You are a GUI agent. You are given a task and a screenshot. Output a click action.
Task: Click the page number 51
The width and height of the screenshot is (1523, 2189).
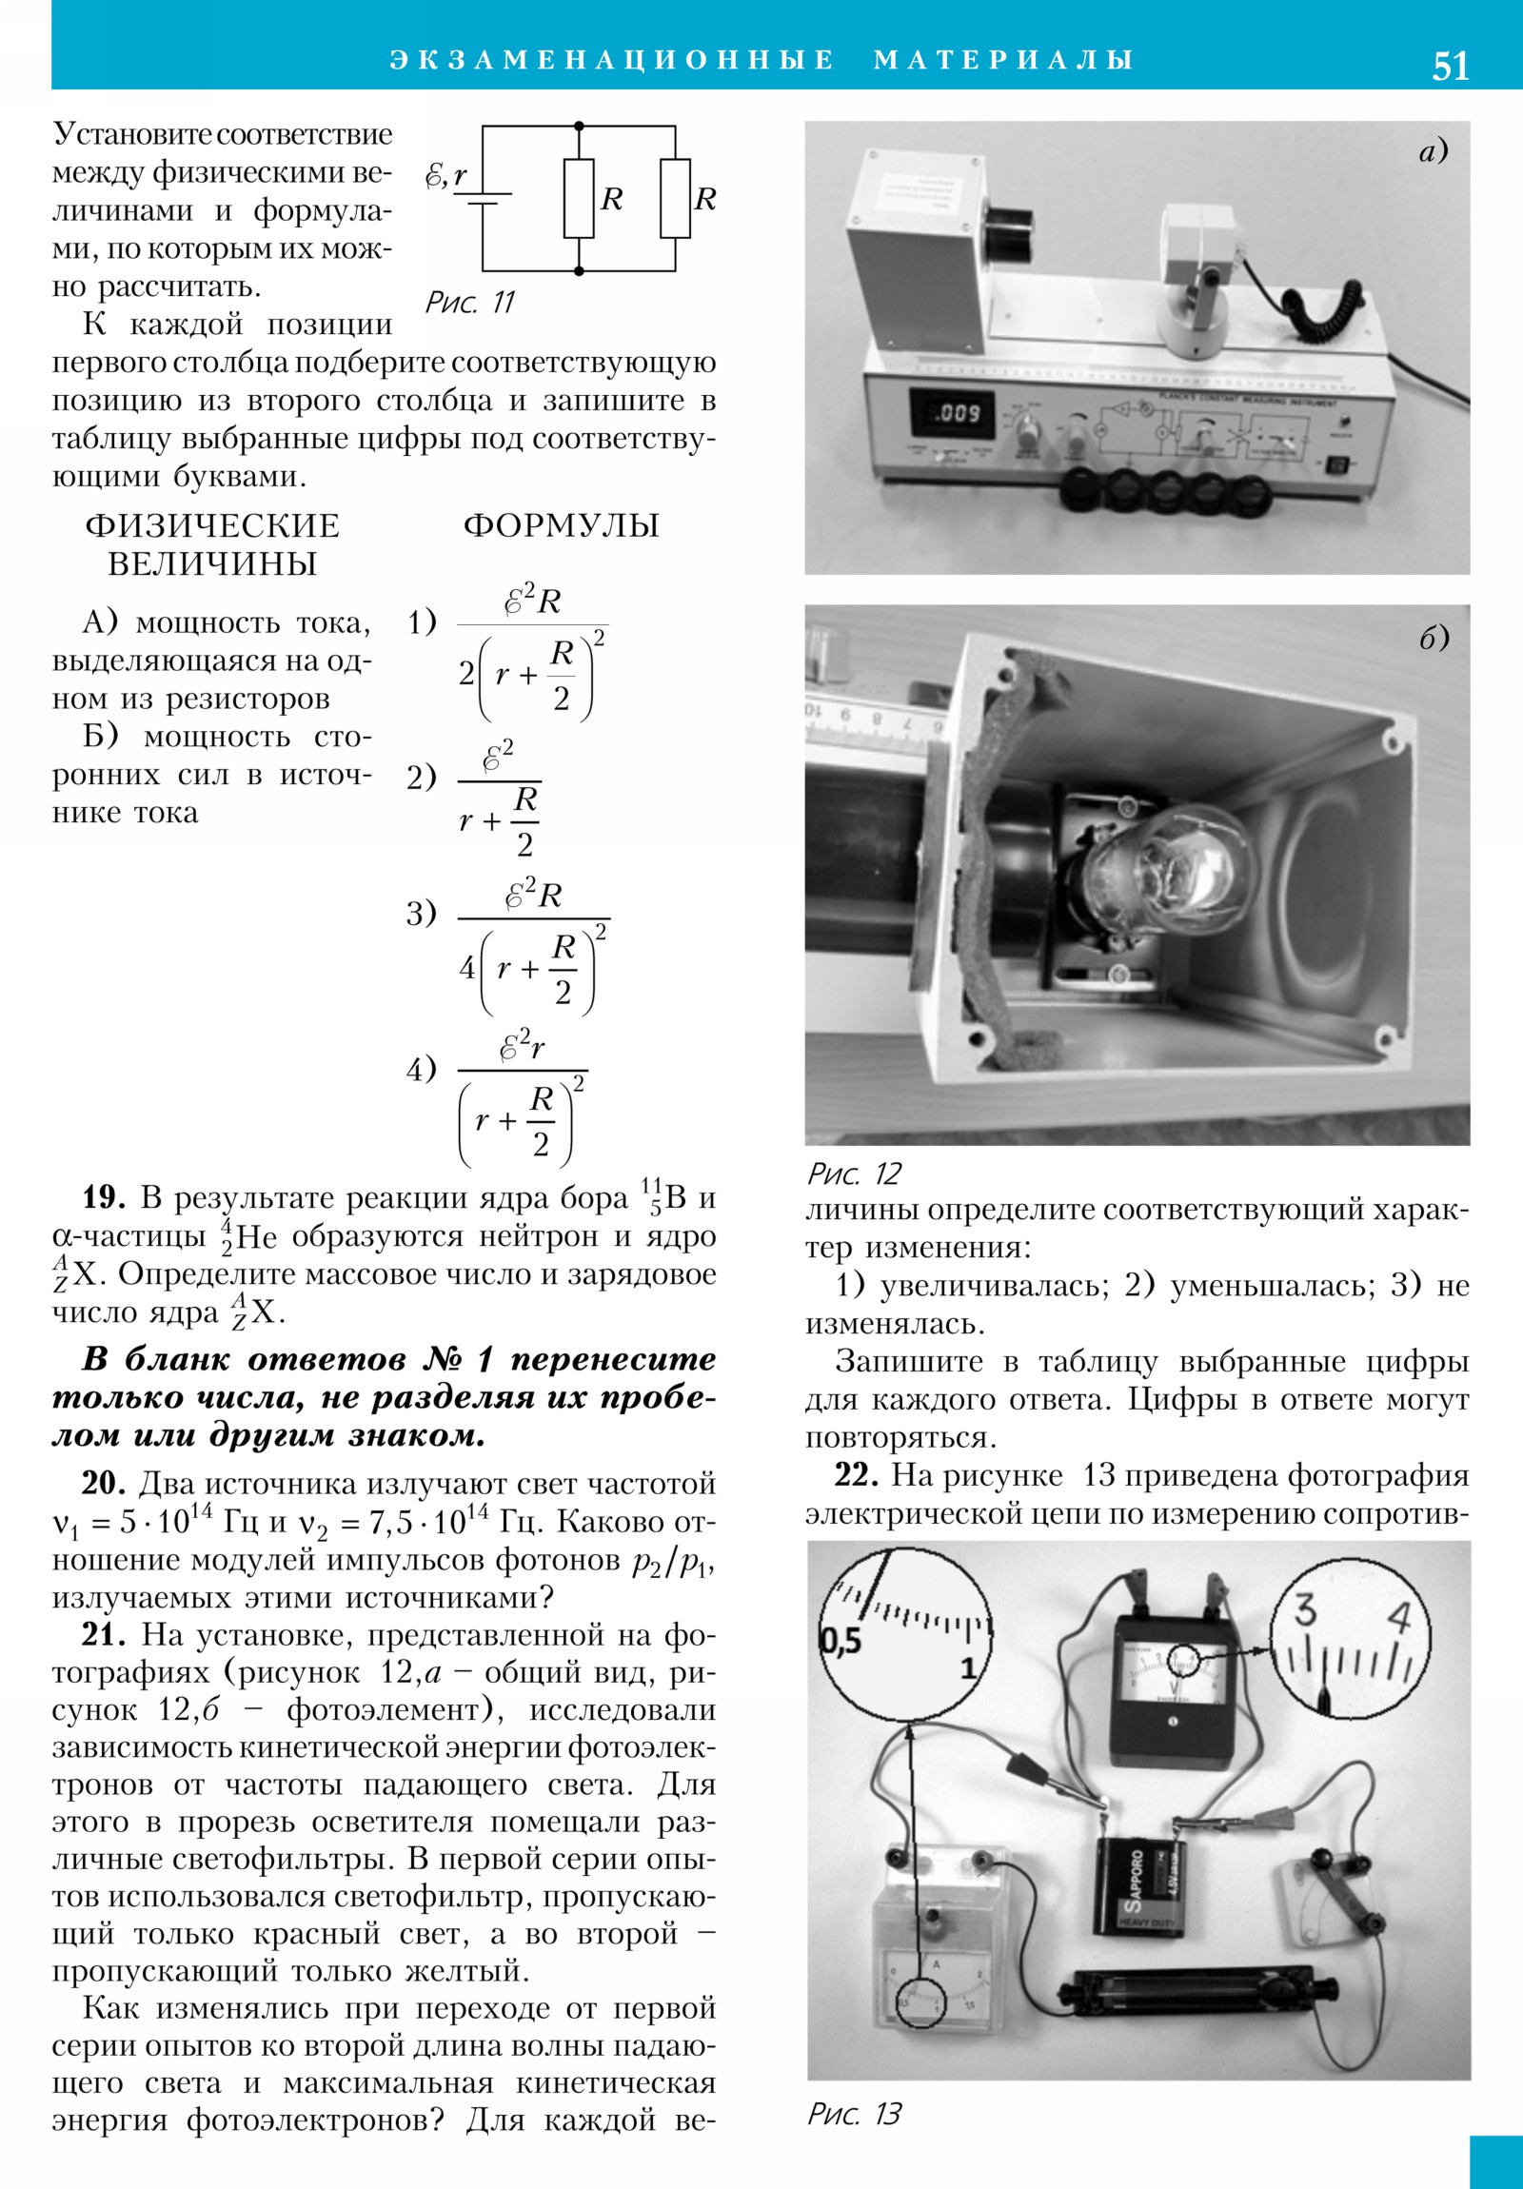click(x=1450, y=66)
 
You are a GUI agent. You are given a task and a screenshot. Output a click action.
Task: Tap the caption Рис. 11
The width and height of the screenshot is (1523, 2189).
click(x=469, y=304)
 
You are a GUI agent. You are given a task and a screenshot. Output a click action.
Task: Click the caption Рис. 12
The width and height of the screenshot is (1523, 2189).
click(x=854, y=1173)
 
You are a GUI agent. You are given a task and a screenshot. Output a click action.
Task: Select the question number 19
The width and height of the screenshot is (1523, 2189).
click(x=104, y=1197)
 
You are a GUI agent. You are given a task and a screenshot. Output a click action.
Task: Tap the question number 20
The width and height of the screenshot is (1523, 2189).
click(x=104, y=1485)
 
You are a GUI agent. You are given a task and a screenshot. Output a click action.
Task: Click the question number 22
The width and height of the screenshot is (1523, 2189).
click(x=857, y=1476)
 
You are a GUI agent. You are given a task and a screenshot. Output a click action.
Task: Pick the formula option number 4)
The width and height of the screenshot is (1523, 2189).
click(x=422, y=1071)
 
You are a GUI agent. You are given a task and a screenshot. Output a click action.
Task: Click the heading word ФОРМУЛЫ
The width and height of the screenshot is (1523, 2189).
click(x=561, y=525)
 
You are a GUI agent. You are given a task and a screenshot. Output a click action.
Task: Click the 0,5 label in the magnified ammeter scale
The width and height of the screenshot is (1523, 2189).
click(x=841, y=1641)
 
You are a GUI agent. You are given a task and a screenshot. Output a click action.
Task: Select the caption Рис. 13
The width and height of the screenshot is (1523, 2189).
click(x=854, y=2114)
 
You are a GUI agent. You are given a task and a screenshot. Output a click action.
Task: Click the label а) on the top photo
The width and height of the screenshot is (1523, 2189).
click(x=1433, y=150)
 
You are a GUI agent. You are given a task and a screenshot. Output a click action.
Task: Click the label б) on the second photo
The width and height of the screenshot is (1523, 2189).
click(x=1434, y=638)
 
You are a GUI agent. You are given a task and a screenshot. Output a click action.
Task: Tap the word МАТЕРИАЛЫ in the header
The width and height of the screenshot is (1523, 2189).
click(x=1003, y=60)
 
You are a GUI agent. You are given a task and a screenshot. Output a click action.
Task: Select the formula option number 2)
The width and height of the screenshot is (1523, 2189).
click(x=422, y=778)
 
